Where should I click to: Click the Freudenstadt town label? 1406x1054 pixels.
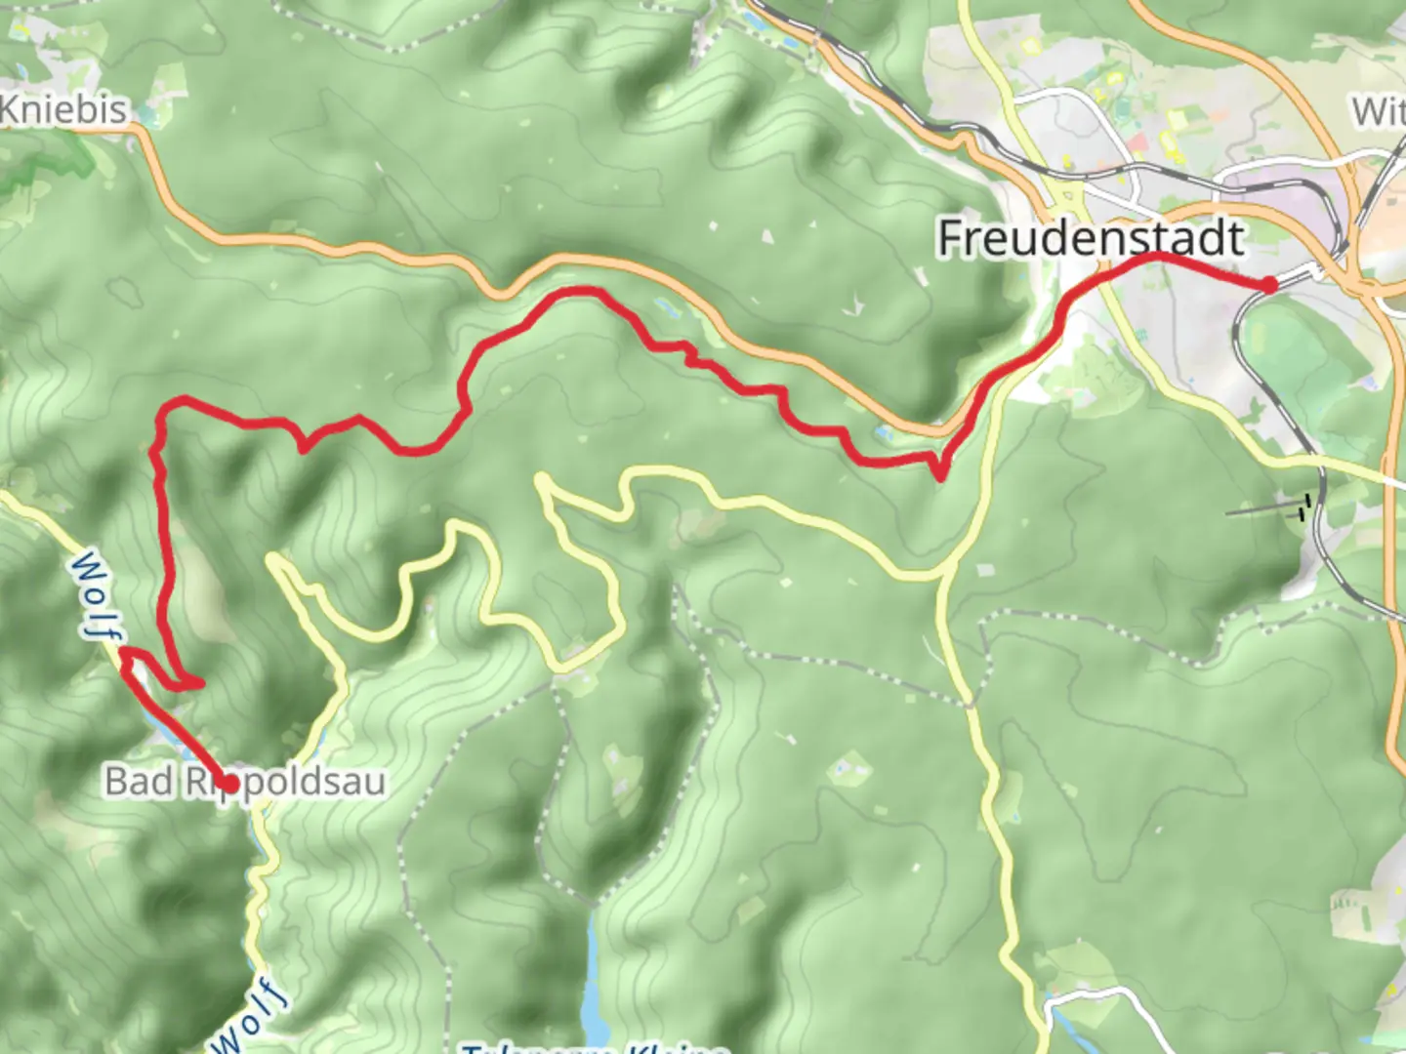coord(1091,237)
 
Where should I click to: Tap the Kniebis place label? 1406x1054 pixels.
coord(63,109)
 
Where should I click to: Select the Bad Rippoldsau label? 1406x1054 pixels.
coord(244,781)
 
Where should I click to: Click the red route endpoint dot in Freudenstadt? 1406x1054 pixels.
coord(1267,284)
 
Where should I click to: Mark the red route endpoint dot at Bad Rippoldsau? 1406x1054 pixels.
coord(229,783)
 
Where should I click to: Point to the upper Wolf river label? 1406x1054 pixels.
coord(93,595)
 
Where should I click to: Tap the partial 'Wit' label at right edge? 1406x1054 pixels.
coord(1379,111)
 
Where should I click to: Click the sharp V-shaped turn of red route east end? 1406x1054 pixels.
coord(939,477)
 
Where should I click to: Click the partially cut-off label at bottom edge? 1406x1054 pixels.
coord(596,1047)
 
